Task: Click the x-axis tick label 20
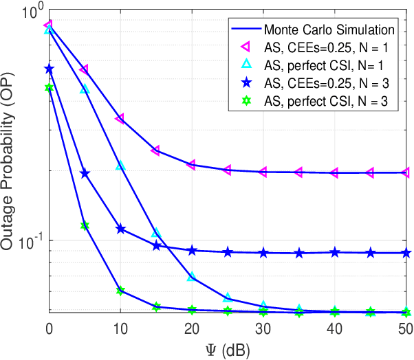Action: click(x=191, y=329)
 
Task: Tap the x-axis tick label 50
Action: click(x=406, y=329)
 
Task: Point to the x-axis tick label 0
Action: click(x=48, y=329)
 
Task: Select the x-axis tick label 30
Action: click(x=263, y=329)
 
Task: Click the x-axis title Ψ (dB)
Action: click(x=227, y=349)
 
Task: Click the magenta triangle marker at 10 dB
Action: click(x=120, y=119)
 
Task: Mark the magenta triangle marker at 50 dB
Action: click(x=406, y=172)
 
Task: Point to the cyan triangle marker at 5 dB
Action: click(x=84, y=89)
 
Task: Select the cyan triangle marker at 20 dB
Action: click(x=191, y=276)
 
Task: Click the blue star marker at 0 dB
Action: click(x=48, y=69)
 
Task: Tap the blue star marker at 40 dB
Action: click(x=334, y=252)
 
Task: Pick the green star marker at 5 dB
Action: click(x=84, y=225)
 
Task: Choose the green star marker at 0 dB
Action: click(x=48, y=88)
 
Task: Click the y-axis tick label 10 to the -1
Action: click(x=32, y=243)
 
